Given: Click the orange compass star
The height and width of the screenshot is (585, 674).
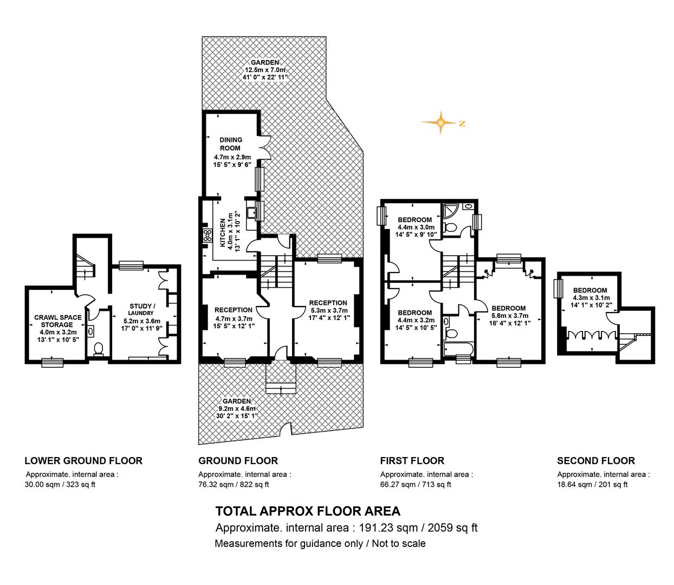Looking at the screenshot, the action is click(x=440, y=122).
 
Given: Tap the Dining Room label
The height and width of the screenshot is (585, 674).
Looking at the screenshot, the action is click(x=231, y=144).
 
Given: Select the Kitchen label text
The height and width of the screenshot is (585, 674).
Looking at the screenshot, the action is click(x=223, y=233).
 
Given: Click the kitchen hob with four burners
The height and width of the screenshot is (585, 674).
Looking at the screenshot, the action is click(x=208, y=236).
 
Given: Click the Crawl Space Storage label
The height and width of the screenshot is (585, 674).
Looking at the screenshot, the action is click(x=57, y=321).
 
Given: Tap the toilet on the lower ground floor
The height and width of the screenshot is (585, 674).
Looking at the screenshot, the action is click(x=98, y=349).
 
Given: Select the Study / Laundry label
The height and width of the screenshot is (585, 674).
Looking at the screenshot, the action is click(x=141, y=309).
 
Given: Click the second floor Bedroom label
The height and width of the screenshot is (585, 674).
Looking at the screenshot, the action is click(x=590, y=290).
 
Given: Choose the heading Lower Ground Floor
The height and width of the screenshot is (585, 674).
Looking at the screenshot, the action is click(x=83, y=460).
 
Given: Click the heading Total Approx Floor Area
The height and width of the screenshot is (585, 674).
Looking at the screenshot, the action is click(x=308, y=511).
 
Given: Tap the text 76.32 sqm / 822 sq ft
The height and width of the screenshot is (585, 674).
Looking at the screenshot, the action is click(x=234, y=484).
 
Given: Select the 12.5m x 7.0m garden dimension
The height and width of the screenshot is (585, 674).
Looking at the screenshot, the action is click(x=265, y=70).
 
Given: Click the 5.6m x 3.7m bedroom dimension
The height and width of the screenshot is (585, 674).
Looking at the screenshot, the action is click(x=510, y=316).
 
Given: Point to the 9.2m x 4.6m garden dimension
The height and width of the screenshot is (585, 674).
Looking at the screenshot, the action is click(x=237, y=408).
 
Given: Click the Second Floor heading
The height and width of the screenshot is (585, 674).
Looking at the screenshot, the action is click(x=596, y=460).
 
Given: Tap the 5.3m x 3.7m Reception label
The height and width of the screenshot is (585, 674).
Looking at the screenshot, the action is click(x=328, y=310).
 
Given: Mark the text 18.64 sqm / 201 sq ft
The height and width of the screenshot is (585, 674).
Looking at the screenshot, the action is click(x=592, y=484).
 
